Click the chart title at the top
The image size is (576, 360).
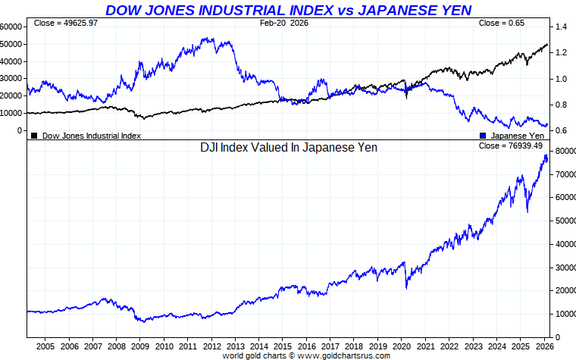[288, 10]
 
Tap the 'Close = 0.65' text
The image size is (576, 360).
[501, 23]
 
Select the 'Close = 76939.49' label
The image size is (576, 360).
[511, 146]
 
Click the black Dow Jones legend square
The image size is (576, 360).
[34, 136]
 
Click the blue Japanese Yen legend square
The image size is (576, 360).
[483, 136]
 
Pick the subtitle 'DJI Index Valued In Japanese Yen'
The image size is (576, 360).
[288, 148]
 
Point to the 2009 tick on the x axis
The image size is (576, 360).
[140, 346]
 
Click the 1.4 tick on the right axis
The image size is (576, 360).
[562, 27]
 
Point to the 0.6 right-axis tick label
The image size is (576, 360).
[562, 130]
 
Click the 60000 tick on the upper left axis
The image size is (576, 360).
[11, 27]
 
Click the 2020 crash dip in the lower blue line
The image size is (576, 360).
[407, 287]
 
